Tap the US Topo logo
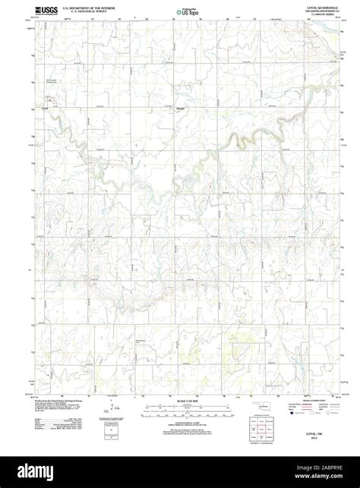pos(183,11)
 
